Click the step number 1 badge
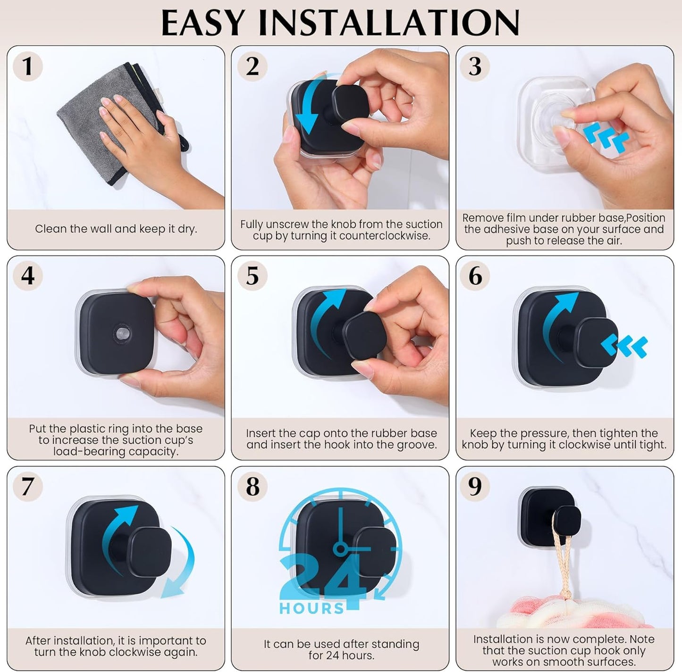[x=27, y=66]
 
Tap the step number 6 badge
[x=475, y=276]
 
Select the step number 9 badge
[x=475, y=486]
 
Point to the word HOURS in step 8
[x=312, y=608]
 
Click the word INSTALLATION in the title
[x=389, y=23]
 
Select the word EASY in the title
[x=203, y=23]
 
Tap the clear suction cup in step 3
[x=550, y=120]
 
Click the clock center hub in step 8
[x=340, y=548]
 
